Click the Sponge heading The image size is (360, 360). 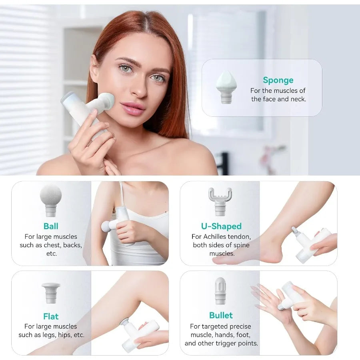click(x=278, y=80)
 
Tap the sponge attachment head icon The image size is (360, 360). click(x=226, y=87)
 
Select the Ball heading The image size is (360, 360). click(x=51, y=226)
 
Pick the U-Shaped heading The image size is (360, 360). click(x=221, y=226)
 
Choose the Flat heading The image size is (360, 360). click(x=51, y=316)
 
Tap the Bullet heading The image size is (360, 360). click(x=221, y=315)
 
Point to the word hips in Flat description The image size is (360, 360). click(x=64, y=335)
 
